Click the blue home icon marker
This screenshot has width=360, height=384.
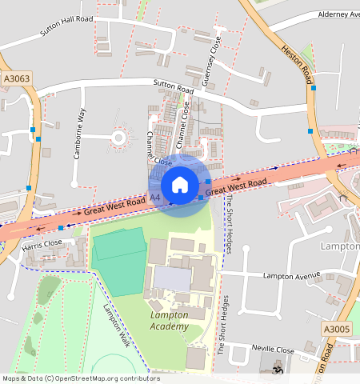[180, 185]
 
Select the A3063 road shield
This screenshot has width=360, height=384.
[16, 78]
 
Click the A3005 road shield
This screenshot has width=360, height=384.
[337, 329]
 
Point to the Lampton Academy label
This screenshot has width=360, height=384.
[170, 320]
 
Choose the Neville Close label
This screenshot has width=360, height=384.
[273, 350]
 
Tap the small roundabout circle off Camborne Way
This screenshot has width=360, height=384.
[118, 138]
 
